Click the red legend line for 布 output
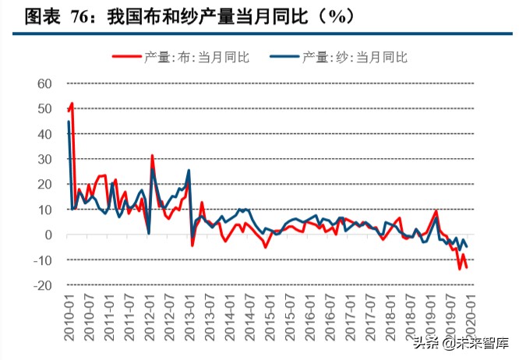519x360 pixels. (126, 56)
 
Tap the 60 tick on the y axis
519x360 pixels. (44, 83)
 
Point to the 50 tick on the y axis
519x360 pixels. (44, 108)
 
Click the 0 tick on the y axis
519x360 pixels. (48, 235)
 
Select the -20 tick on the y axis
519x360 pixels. (42, 285)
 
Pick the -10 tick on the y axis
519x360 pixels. (42, 260)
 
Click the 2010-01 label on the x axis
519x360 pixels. (69, 316)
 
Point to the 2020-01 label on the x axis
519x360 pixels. (467, 316)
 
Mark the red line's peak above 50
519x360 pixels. (72, 103)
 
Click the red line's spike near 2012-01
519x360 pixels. (152, 156)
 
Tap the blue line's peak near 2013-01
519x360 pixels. (189, 171)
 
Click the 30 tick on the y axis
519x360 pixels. (44, 159)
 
